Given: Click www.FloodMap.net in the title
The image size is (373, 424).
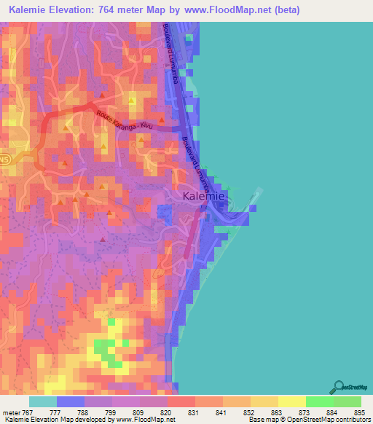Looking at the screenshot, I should coord(227,10).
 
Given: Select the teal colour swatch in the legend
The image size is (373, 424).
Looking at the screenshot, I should coord(43,401).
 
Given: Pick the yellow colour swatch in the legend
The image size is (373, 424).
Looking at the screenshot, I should coord(291,401).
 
